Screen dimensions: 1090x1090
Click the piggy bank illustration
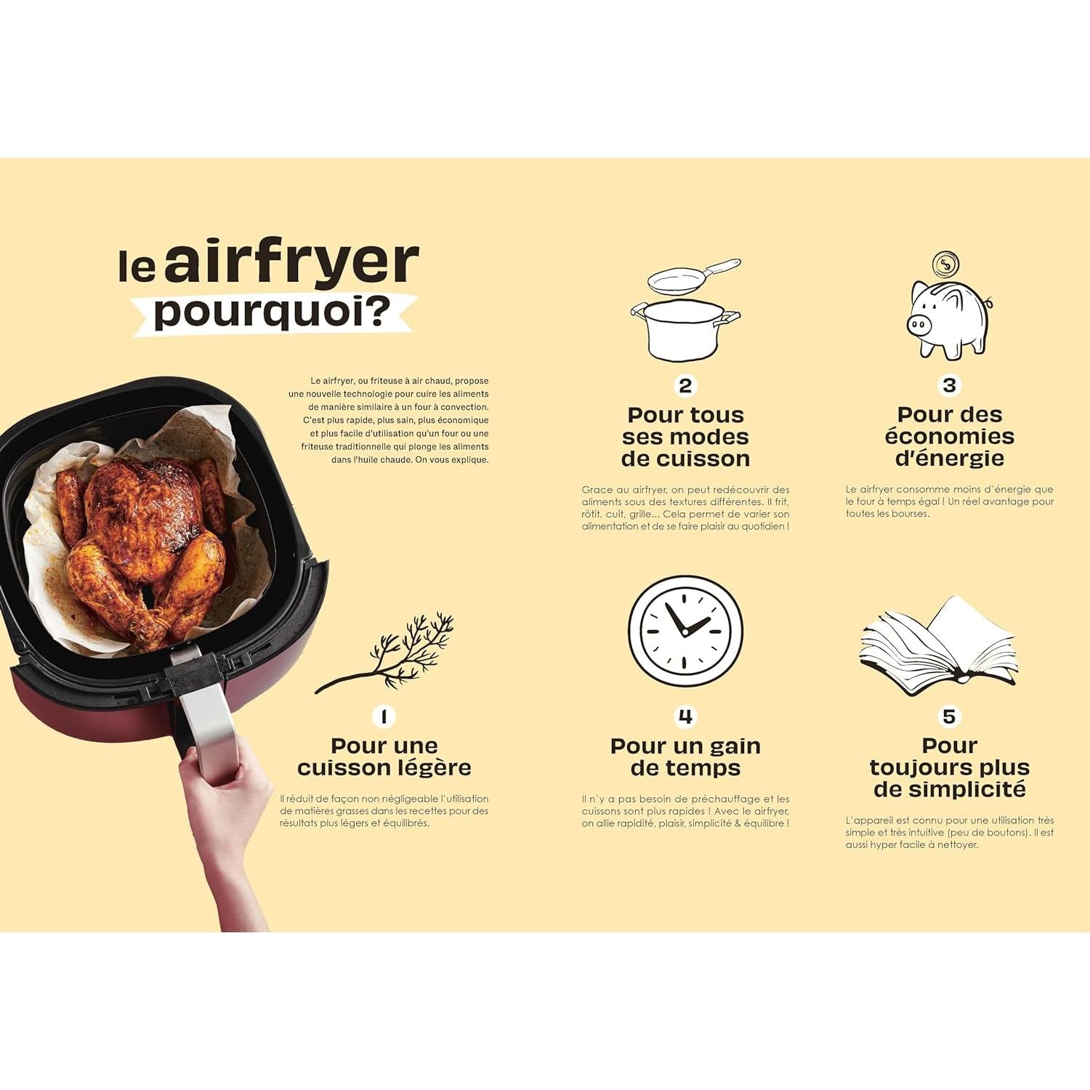948,320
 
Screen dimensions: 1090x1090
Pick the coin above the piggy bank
945,264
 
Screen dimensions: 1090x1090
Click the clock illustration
685,631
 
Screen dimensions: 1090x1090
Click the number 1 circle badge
384,716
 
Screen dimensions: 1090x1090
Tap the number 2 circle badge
685,385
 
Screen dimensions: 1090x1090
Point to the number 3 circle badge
949,384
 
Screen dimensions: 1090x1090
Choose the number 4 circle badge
685,716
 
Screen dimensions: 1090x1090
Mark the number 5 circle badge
949,716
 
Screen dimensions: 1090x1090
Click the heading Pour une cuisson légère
384,756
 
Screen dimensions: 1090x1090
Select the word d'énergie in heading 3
949,459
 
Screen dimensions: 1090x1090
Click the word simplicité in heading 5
949,790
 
